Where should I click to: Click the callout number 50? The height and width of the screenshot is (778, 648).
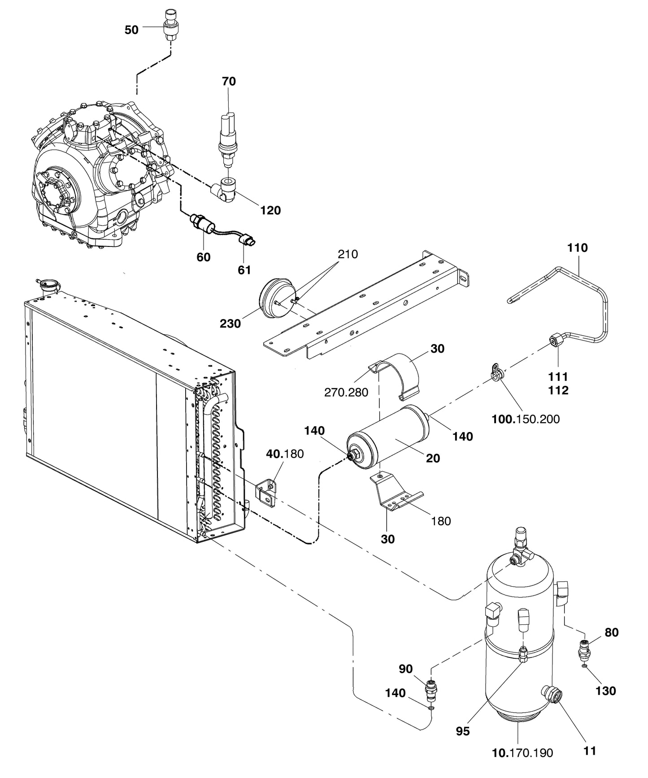(131, 30)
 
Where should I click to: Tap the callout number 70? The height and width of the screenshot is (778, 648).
(228, 82)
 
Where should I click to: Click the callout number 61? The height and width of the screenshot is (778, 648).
(244, 270)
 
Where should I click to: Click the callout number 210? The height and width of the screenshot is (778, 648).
(348, 254)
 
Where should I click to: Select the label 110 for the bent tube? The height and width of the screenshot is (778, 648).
(577, 248)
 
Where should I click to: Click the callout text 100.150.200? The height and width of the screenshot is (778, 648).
(525, 419)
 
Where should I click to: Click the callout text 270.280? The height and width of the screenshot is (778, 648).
(346, 393)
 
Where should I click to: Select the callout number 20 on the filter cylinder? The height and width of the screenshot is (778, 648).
(433, 458)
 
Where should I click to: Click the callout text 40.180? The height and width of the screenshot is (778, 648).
(285, 454)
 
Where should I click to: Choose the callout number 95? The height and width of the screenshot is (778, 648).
(462, 731)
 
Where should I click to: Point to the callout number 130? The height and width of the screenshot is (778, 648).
(605, 691)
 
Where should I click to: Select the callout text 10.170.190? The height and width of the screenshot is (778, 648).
(522, 753)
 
